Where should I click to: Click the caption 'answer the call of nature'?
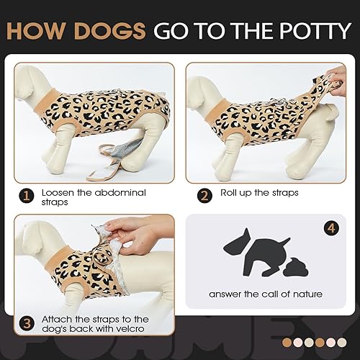[x=266, y=294]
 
